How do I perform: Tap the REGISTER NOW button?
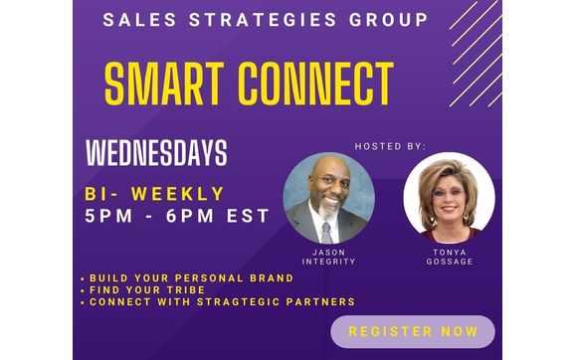pos(412,331)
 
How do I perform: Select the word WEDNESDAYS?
pos(156,153)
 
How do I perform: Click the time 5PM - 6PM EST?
pos(177,215)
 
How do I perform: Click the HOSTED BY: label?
pos(390,146)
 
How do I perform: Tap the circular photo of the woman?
pos(448,199)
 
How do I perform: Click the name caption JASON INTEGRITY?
pos(327,258)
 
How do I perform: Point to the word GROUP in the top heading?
pos(391,20)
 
